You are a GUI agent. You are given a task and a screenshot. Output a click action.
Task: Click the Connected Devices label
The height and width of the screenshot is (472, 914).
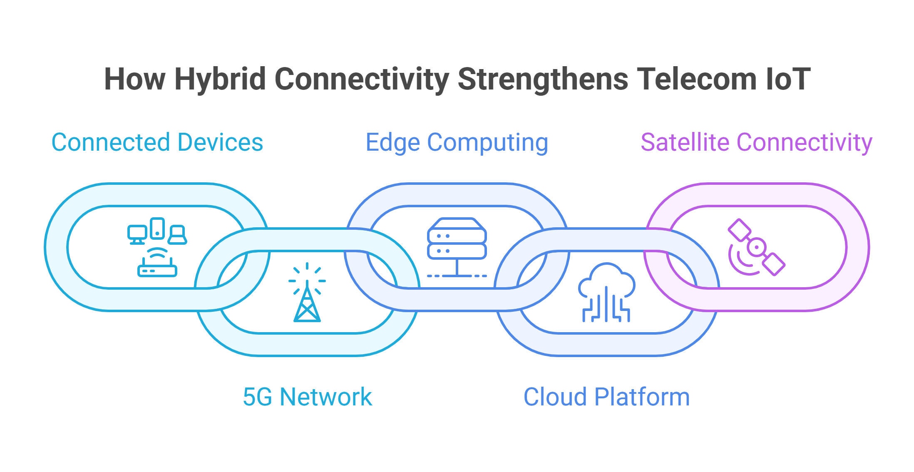157,142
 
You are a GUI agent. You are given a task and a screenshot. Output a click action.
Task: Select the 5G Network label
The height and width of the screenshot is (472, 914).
307,397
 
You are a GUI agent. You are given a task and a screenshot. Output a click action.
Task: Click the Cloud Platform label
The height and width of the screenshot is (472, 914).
606,397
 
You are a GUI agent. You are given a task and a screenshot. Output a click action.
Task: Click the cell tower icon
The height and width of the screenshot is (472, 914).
307,293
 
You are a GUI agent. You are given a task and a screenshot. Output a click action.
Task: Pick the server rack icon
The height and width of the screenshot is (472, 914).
457,247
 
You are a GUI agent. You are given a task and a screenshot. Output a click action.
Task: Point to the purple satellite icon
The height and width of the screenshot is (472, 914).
756,247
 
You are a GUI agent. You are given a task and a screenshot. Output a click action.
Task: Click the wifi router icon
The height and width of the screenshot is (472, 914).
157,263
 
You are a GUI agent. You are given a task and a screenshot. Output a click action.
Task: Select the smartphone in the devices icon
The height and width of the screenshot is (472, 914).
157,229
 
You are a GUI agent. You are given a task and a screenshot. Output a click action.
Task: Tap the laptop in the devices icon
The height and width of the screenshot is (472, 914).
177,235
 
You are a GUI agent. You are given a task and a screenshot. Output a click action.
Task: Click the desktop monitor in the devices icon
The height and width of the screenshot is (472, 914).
137,235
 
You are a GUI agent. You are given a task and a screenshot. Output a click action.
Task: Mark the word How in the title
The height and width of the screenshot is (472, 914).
135,79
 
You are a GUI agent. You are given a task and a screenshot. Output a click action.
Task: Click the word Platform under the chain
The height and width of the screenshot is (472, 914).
642,397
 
